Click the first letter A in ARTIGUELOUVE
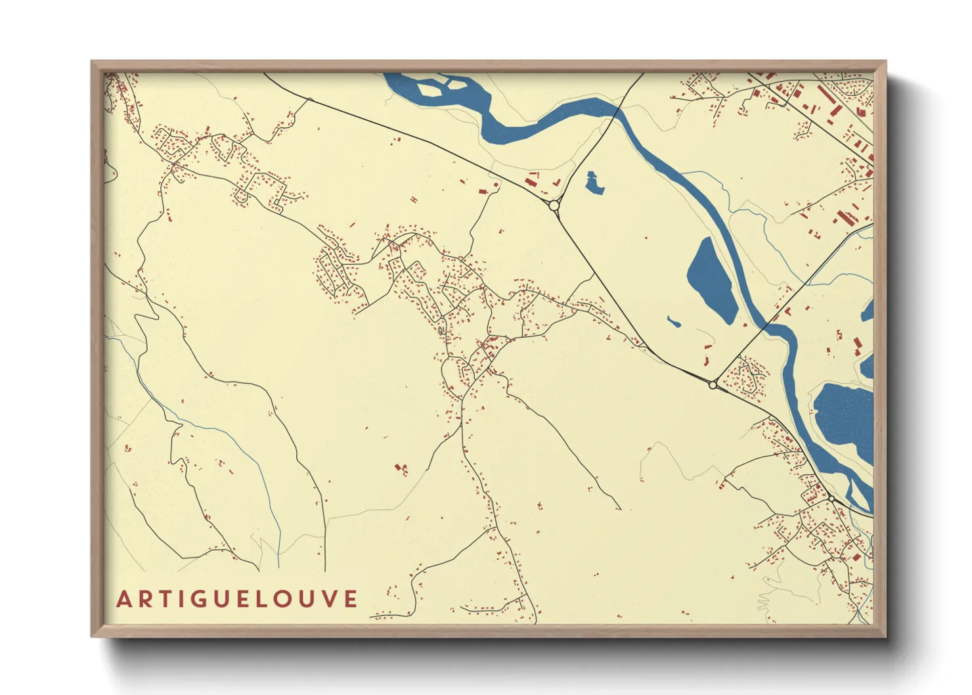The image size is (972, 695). (123, 600)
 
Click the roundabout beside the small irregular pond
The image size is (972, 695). (554, 206)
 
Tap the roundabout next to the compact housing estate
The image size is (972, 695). (713, 385)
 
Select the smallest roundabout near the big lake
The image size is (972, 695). (831, 499)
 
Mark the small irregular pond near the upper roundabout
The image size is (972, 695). (594, 183)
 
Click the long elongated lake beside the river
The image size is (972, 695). (711, 279)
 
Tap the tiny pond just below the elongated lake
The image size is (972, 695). (674, 322)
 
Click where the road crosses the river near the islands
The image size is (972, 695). (617, 112)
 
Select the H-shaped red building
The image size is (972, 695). (401, 468)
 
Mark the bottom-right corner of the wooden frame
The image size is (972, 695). (885, 636)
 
